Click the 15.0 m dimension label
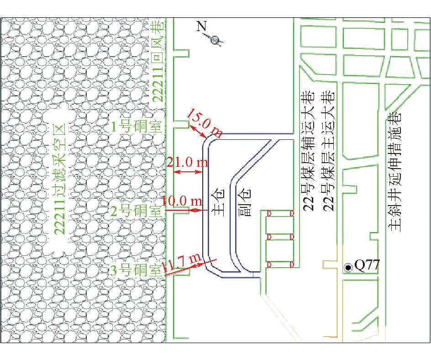coord(205,123)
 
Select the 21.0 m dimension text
coord(187,162)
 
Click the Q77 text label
coord(367,265)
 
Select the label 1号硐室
coord(136,127)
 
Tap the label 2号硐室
coord(136,212)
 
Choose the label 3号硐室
coord(136,270)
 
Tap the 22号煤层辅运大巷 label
coord(308,151)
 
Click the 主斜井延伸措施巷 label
coord(395,171)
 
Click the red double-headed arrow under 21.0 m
coord(189,172)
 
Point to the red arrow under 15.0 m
coord(198,131)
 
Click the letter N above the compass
coord(201,26)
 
